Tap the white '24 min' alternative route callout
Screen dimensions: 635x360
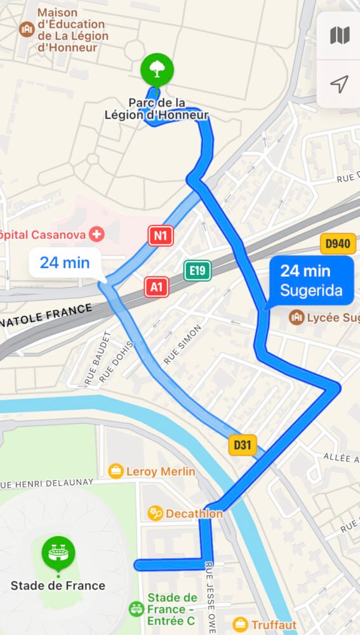(x=65, y=262)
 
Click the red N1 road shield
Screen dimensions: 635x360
(x=161, y=236)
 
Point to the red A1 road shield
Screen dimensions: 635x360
(x=156, y=287)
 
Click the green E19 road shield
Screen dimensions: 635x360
(x=197, y=271)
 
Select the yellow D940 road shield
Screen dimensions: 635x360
(x=337, y=244)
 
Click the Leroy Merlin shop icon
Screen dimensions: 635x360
(x=116, y=471)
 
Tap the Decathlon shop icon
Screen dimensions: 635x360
(x=155, y=513)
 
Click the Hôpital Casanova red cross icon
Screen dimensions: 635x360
(x=97, y=234)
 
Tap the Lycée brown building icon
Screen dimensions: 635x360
(x=296, y=316)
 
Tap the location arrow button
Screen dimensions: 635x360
(x=339, y=84)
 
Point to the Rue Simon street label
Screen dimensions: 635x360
(x=182, y=345)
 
